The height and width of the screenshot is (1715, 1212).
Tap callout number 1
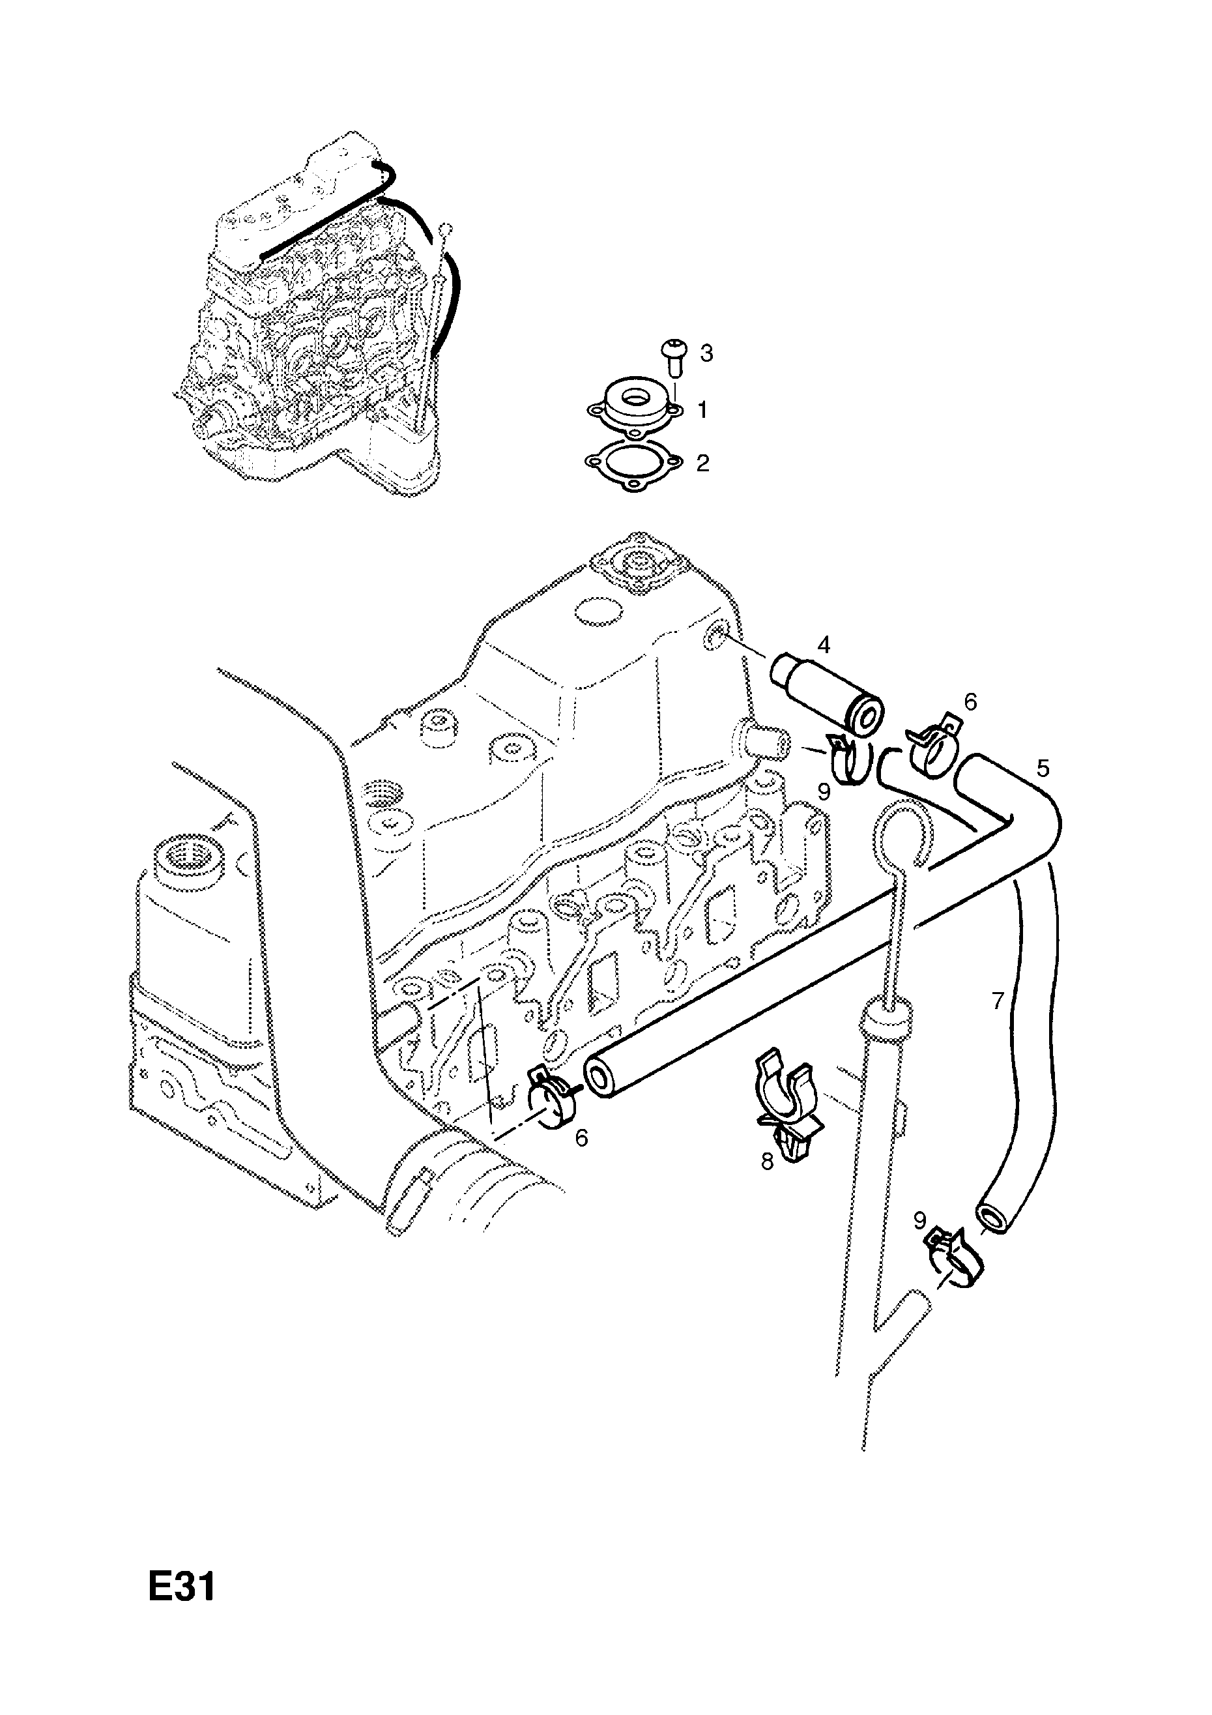702,410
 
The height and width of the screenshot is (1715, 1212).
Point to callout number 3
706,353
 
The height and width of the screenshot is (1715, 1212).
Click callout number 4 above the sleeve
824,644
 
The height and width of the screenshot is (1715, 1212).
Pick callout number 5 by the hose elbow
1043,767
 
